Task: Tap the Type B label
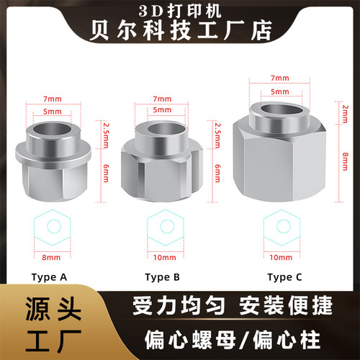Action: [165, 276]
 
